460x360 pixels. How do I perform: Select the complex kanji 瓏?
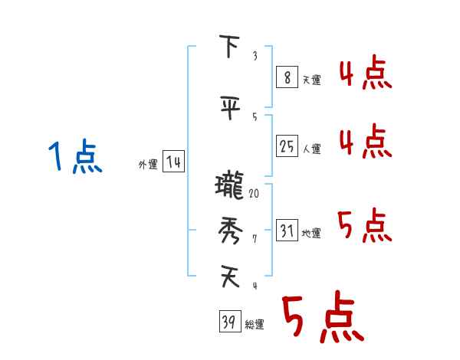pos(229,186)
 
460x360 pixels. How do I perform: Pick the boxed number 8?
pos(286,78)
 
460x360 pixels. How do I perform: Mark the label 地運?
pos(311,233)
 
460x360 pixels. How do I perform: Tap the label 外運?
pos(147,164)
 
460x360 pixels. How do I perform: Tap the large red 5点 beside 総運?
pos(322,317)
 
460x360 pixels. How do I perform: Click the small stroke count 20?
pos(254,194)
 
